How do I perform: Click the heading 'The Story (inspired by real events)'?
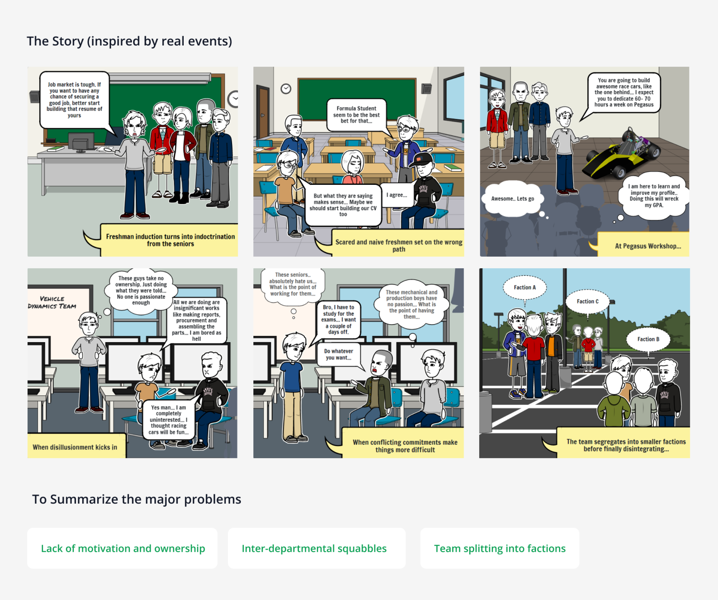pos(129,41)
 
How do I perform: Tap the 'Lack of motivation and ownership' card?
pos(122,548)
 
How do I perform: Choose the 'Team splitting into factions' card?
pos(500,548)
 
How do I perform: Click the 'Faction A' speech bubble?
pos(524,287)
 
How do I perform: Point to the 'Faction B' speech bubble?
pos(648,339)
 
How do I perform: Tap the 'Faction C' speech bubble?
pos(587,301)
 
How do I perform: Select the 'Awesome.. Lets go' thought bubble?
pos(512,199)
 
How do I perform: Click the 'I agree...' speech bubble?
pos(397,195)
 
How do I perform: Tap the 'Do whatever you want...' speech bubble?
pos(338,354)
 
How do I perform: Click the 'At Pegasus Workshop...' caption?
pos(648,246)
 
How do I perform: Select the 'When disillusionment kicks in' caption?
pos(75,447)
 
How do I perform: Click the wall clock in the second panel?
pos(286,89)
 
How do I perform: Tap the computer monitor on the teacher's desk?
pos(81,141)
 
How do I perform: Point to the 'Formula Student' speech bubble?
pos(356,115)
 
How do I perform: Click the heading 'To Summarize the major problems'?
pos(136,499)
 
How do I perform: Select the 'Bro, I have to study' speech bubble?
pos(338,319)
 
